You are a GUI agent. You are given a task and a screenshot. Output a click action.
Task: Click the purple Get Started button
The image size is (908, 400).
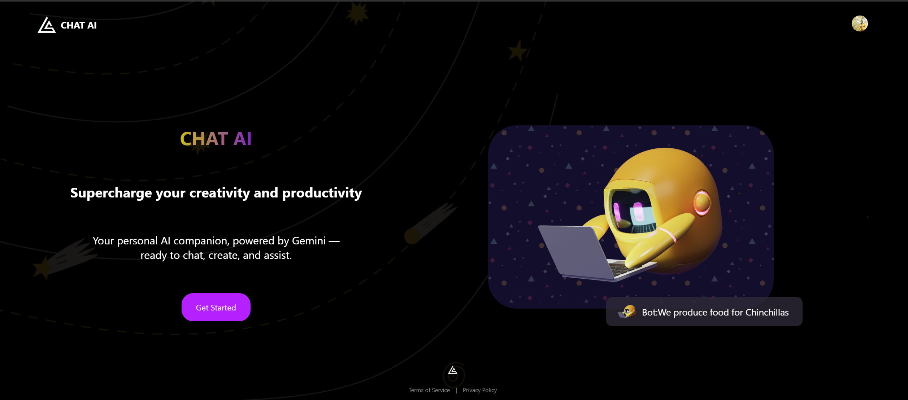(216, 307)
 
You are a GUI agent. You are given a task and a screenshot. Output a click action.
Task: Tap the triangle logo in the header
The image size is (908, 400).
(47, 25)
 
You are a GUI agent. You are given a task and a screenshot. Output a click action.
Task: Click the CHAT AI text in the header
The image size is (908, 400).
(79, 25)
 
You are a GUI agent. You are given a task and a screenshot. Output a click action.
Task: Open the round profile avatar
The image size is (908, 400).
(860, 23)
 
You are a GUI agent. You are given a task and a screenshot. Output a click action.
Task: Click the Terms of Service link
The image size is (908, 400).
(429, 390)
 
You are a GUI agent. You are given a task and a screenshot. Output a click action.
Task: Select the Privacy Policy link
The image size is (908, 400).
(480, 390)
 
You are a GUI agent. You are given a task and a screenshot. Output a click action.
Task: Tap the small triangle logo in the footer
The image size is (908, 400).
(453, 370)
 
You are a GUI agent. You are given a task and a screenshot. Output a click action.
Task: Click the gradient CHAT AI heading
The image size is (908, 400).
(216, 139)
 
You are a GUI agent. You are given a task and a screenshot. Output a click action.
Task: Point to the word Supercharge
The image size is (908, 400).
(111, 193)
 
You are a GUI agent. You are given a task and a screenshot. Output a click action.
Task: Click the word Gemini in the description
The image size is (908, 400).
(309, 240)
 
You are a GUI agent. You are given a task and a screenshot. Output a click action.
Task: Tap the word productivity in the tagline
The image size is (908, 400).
(322, 193)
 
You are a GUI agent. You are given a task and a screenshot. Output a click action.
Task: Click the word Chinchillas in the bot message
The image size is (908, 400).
(767, 312)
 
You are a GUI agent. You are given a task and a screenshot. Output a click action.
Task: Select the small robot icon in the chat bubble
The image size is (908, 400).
(628, 312)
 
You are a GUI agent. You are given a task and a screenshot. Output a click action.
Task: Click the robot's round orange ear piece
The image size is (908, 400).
(702, 203)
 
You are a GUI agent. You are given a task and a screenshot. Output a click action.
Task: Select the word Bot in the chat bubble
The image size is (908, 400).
(648, 312)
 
